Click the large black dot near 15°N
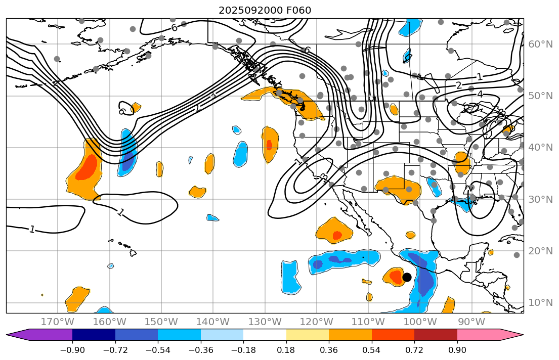point(407,277)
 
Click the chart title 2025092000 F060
point(265,10)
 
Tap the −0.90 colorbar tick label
point(72,350)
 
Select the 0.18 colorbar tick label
point(286,350)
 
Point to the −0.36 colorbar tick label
point(201,350)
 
